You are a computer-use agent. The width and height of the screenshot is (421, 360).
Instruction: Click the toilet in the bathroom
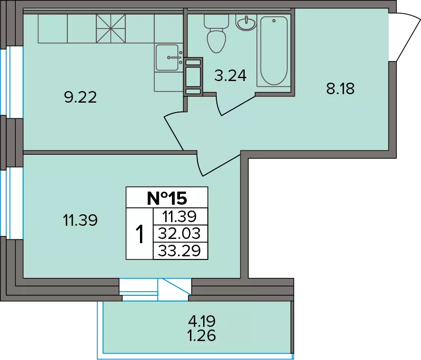pos(216,33)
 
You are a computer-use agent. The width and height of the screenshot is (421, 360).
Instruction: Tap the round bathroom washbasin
pos(246,22)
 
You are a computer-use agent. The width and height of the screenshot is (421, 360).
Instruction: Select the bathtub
pos(274,50)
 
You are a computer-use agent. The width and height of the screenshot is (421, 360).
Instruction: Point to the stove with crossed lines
pos(111,28)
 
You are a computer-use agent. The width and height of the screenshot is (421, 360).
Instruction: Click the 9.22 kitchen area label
pos(81,97)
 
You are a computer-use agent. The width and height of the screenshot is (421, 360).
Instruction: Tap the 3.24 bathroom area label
pos(230,76)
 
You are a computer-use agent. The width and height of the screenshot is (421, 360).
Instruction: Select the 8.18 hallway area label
pos(340,88)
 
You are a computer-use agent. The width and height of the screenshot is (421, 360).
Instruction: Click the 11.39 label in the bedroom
pos(80,220)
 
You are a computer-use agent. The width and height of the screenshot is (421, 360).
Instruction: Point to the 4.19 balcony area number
pos(202,321)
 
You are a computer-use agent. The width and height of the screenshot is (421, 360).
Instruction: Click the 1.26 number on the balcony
pos(202,335)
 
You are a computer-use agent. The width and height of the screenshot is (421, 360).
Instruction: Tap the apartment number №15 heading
pos(167,198)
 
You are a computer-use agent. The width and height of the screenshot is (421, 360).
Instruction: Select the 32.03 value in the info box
pos(179,234)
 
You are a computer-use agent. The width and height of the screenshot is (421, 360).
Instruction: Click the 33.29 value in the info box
pos(179,251)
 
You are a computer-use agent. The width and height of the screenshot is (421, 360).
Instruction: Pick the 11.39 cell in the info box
pos(179,216)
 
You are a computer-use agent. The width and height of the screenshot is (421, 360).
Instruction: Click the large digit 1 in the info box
pos(139,234)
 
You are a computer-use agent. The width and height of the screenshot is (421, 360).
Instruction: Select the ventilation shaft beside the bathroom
pos(193,77)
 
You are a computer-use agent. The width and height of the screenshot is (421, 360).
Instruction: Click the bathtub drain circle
pos(274,21)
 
